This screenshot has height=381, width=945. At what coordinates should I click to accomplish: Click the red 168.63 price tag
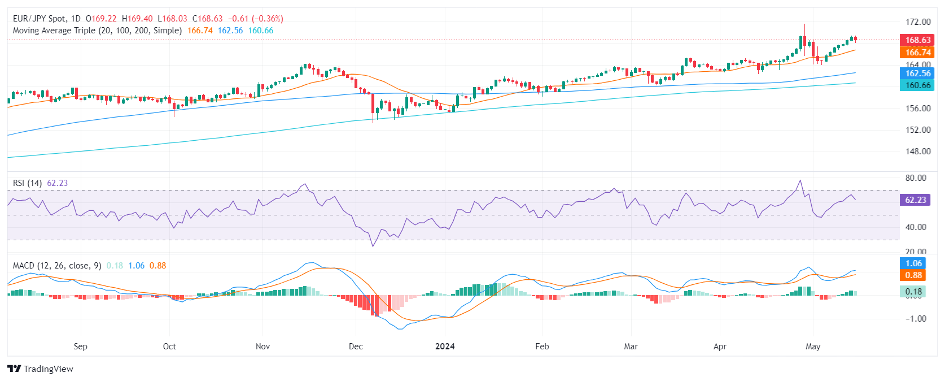click(917, 40)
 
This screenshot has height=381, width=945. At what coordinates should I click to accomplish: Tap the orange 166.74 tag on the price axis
click(917, 52)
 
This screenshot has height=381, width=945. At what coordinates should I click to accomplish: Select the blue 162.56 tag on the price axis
click(917, 73)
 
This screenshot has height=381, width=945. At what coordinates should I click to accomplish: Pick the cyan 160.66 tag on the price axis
click(917, 85)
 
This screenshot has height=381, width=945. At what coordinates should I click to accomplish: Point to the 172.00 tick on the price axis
click(918, 22)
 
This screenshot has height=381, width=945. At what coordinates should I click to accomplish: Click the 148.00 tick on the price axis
click(918, 151)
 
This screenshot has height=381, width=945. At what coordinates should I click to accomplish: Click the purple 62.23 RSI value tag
click(915, 200)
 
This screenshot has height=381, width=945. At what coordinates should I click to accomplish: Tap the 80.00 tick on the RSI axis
click(916, 178)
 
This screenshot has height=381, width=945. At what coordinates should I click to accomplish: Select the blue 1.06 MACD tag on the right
click(913, 263)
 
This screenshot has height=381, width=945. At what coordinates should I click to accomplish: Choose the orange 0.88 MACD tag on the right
click(913, 275)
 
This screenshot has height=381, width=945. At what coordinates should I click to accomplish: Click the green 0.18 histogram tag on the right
click(913, 292)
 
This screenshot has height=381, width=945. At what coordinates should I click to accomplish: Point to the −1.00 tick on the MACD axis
click(916, 319)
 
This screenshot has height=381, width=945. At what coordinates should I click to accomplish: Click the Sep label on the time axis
click(81, 347)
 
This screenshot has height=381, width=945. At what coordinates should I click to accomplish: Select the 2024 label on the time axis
click(445, 347)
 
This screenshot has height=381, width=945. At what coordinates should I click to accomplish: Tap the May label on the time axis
click(813, 347)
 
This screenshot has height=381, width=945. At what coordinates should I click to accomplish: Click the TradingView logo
click(41, 369)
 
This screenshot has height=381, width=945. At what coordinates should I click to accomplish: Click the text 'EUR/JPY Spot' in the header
click(39, 19)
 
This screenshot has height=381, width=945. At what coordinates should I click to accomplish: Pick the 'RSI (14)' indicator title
click(27, 183)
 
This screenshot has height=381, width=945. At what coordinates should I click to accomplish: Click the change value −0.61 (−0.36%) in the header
click(256, 19)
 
